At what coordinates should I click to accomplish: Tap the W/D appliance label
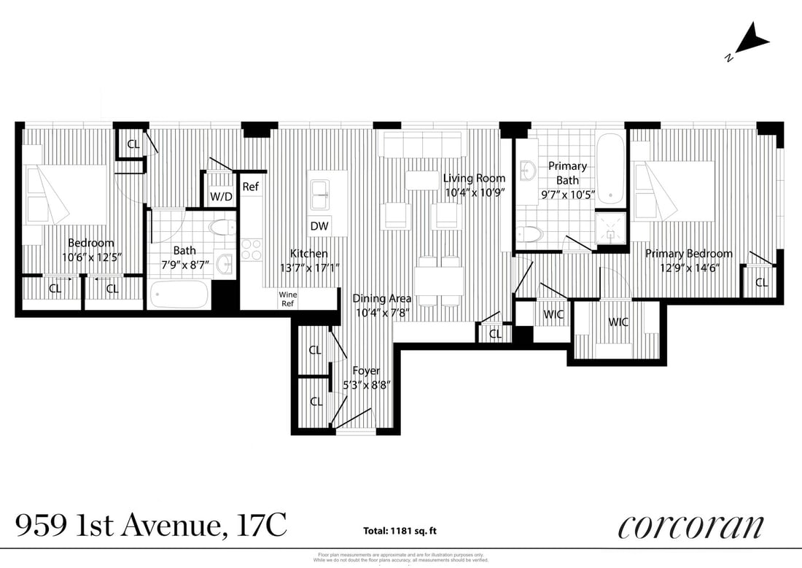[x=221, y=196]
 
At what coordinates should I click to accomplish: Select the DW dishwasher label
[x=319, y=226]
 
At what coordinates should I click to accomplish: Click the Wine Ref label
[x=287, y=299]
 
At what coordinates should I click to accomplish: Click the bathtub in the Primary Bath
[x=610, y=168]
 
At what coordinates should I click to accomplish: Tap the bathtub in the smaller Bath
[x=179, y=295]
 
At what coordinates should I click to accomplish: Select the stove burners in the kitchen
[x=252, y=249]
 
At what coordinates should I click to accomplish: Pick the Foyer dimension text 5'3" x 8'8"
[x=365, y=385]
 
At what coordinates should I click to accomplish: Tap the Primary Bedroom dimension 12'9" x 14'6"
[x=688, y=268]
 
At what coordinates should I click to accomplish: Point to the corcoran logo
[x=690, y=526]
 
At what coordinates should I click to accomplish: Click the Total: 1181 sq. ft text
[x=400, y=531]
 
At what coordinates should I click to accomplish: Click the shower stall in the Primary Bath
[x=611, y=227]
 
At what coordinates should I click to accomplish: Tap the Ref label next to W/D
[x=250, y=187]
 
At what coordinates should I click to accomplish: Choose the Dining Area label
[x=381, y=298]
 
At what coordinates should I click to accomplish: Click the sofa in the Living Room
[x=423, y=145]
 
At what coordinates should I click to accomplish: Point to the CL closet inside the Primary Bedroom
[x=761, y=282]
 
